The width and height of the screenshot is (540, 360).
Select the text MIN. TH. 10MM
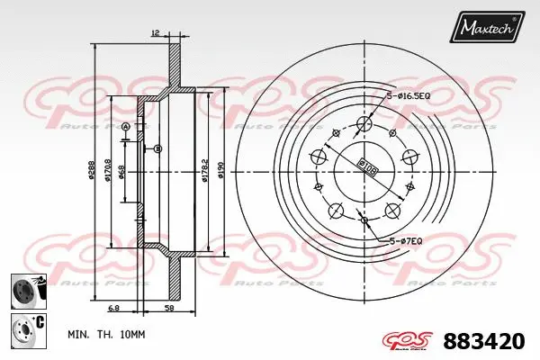[105, 334]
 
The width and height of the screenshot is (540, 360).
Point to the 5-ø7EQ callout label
[407, 240]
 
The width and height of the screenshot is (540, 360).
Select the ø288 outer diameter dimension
[93, 172]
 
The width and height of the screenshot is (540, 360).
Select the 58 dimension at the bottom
[168, 308]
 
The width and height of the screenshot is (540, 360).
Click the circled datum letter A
[125, 127]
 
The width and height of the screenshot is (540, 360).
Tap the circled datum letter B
[157, 148]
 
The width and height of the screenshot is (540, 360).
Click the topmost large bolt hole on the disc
[364, 124]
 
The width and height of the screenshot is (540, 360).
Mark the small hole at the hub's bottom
[364, 219]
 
